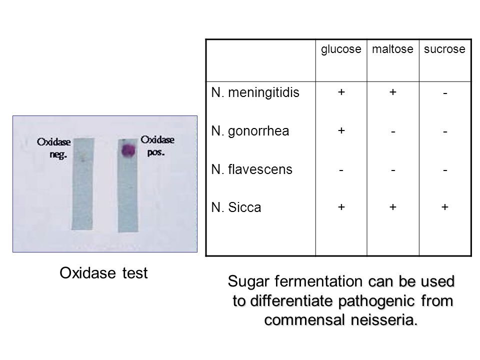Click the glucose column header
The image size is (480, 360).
coord(341,49)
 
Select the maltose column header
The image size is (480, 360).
coord(393,49)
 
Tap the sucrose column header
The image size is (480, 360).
coord(444,49)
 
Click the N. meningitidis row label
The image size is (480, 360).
coord(255,92)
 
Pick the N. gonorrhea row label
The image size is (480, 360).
coord(250,131)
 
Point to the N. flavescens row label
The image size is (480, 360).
coord(251,169)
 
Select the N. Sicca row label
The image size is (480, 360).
coord(236,207)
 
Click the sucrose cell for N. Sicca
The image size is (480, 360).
coord(445,207)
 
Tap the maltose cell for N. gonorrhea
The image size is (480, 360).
coord(393,131)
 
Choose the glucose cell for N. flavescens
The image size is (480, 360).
coord(341,170)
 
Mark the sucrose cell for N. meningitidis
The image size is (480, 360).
coord(445,93)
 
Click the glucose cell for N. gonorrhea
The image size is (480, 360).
coord(341,130)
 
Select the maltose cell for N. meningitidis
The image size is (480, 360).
coord(393,92)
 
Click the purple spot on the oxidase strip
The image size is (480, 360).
coord(128,150)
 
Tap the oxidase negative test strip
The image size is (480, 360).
coord(82,183)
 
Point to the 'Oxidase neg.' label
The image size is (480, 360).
coord(54,148)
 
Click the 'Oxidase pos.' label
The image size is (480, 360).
coord(157,145)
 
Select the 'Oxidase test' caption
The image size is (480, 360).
coord(103,273)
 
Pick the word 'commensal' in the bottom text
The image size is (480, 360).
coord(304,320)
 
